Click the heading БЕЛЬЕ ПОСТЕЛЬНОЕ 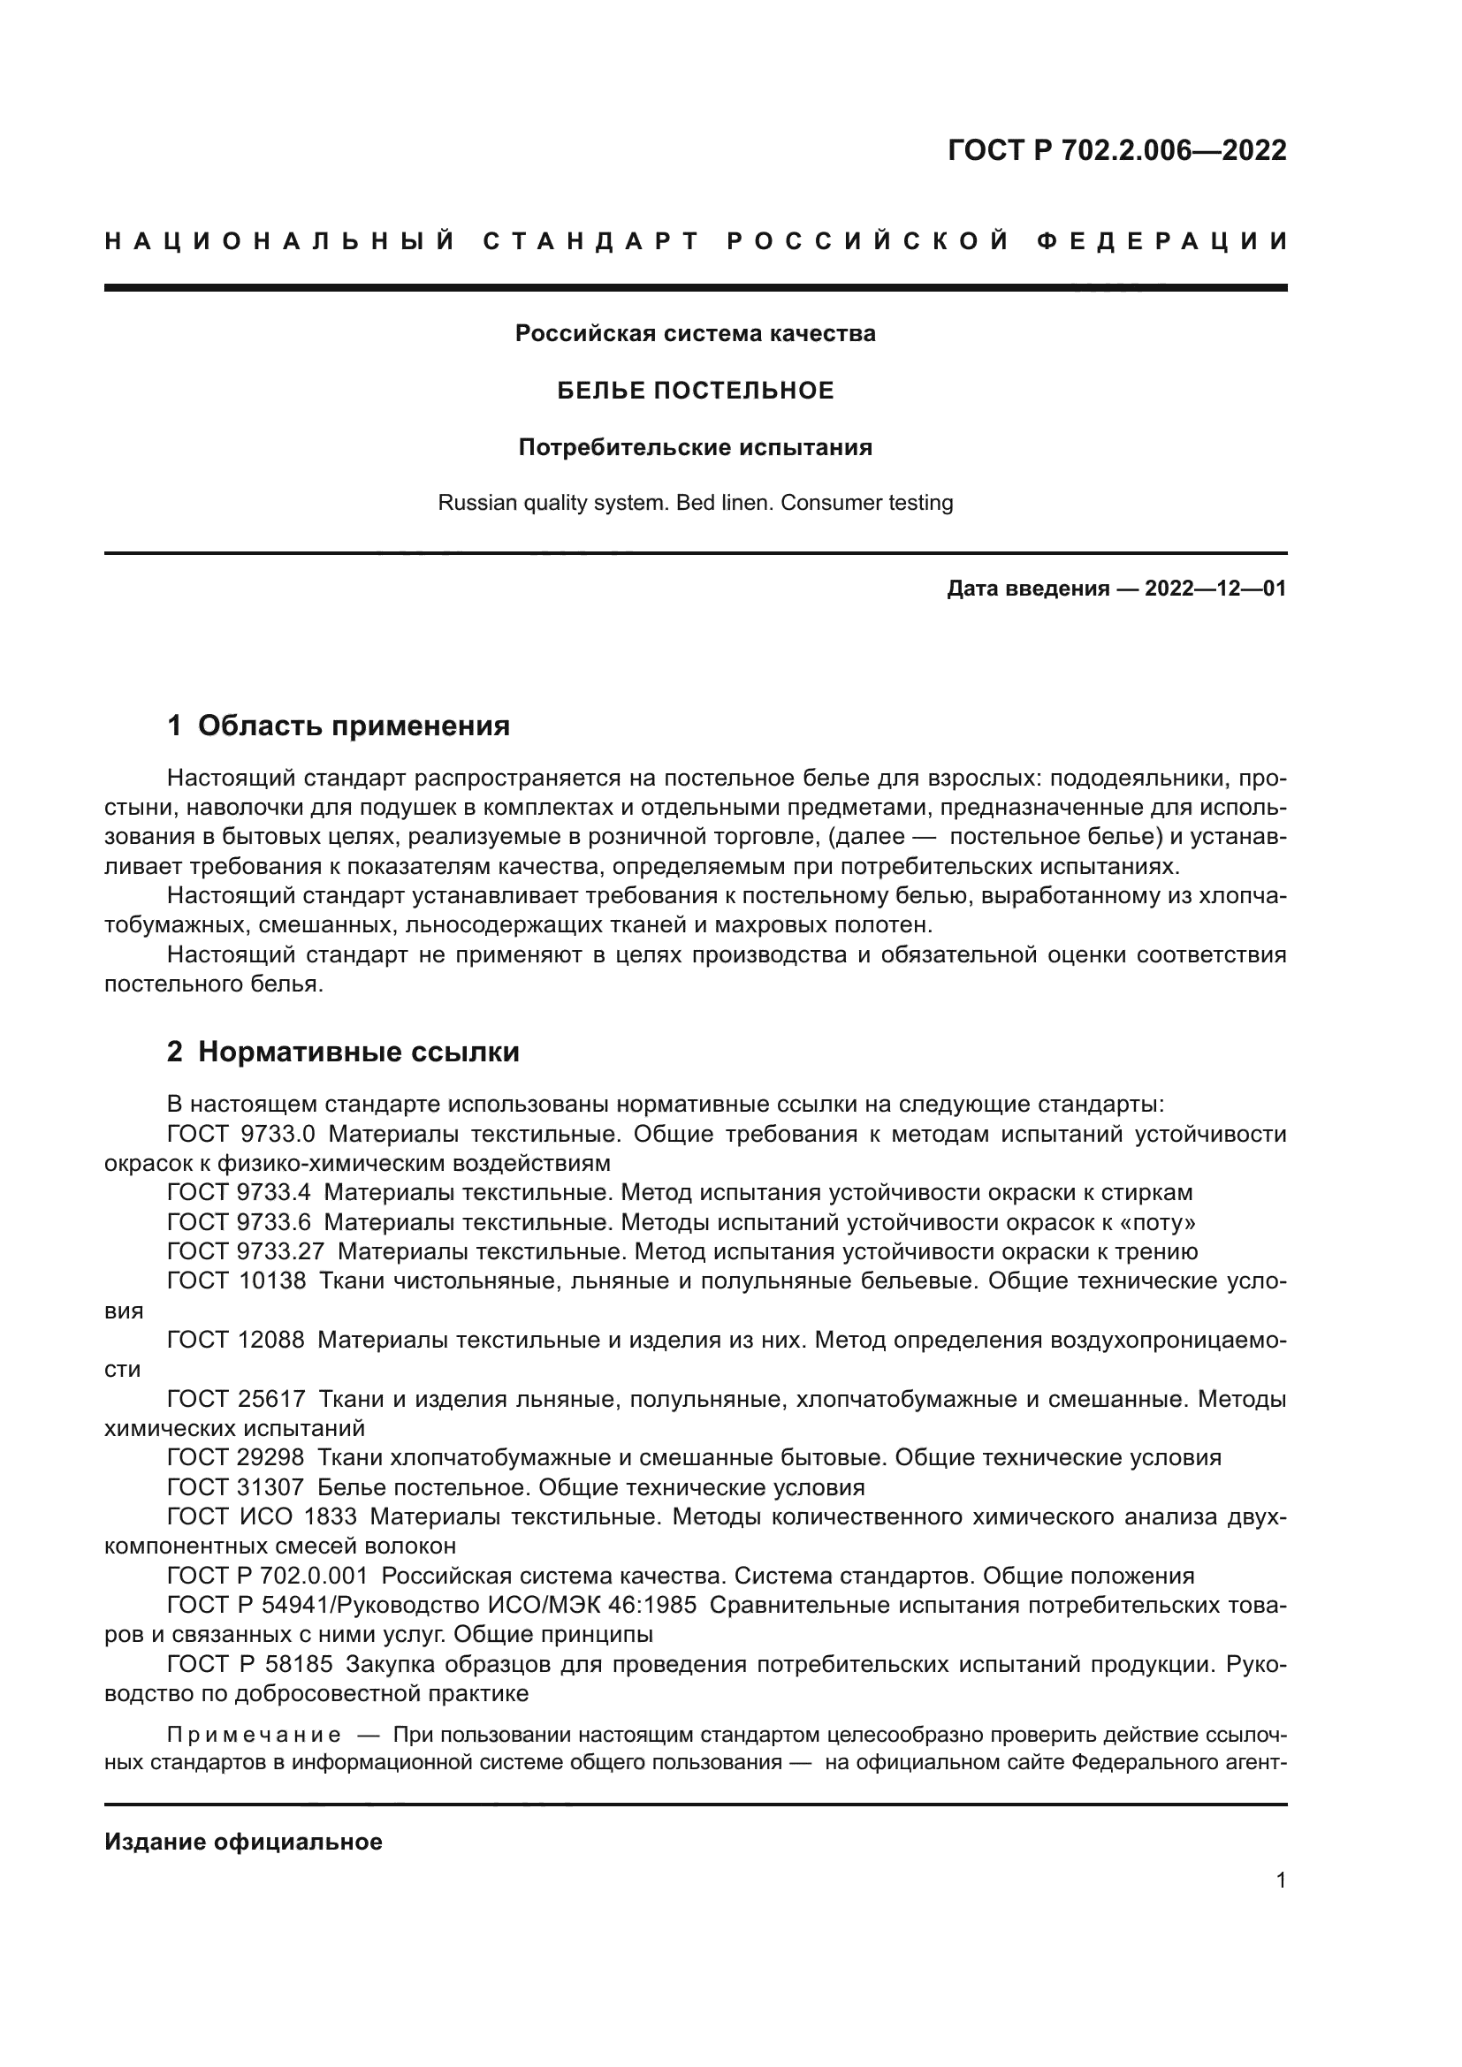(695, 390)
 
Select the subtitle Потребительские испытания (695, 447)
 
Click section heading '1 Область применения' (339, 725)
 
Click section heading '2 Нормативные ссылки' (343, 1052)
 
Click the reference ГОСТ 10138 (237, 1280)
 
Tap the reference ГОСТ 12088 (236, 1340)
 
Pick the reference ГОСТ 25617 (236, 1399)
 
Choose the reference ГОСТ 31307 (236, 1487)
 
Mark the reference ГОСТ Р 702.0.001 (267, 1576)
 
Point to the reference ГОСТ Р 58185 (250, 1664)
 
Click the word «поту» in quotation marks (1156, 1221)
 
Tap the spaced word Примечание (254, 1734)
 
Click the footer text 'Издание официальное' (243, 1842)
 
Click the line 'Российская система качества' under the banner (695, 333)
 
